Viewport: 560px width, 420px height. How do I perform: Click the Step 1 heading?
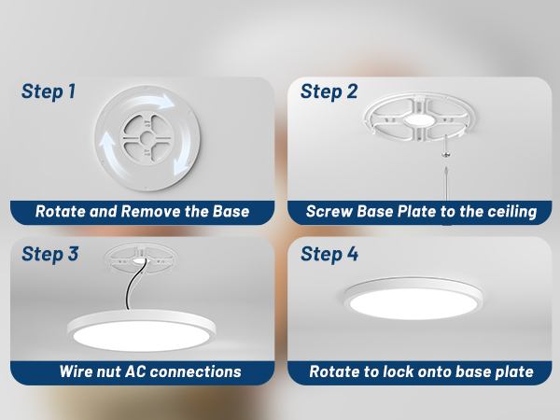[49, 91]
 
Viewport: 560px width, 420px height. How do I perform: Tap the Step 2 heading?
[329, 91]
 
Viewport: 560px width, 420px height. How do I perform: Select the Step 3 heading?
[50, 254]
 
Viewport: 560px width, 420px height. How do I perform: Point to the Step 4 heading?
[329, 254]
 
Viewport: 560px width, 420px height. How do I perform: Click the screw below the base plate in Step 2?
[445, 147]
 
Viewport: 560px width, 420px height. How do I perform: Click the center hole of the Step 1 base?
[147, 138]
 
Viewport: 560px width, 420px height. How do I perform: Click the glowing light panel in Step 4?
[413, 303]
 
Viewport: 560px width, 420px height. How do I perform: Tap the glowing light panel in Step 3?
[141, 336]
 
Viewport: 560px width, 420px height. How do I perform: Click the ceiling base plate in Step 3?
[140, 259]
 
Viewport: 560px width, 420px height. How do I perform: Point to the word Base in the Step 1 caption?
[231, 212]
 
